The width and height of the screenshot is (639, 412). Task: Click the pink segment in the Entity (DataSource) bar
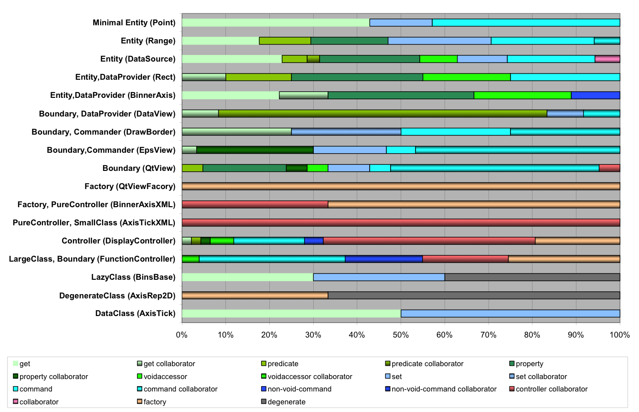pos(607,59)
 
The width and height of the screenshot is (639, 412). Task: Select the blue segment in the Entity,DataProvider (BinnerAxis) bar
pos(596,95)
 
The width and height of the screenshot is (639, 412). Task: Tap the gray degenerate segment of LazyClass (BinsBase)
pos(532,277)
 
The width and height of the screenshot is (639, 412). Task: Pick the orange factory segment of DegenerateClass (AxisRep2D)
pos(255,296)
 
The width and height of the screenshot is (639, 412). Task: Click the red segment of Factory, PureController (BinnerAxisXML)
pos(255,204)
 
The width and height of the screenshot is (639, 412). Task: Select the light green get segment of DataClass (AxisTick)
pos(291,314)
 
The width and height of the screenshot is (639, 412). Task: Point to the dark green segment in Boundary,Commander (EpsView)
pos(255,150)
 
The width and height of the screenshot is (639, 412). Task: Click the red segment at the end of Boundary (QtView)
pos(609,168)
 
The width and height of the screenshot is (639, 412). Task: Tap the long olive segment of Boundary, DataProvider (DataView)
pos(383,114)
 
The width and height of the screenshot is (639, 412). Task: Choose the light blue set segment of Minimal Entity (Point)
pos(401,22)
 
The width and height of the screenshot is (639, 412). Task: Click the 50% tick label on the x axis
pos(401,335)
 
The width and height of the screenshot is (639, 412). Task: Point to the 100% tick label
pos(619,335)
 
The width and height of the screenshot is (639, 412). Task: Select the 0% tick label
pos(182,335)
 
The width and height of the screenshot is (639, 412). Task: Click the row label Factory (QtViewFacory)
pos(130,187)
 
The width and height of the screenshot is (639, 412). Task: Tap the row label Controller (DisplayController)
pos(118,241)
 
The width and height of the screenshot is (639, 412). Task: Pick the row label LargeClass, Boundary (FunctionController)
pos(92,259)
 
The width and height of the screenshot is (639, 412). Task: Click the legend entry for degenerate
pos(283,401)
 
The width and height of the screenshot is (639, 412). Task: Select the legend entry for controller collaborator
pos(549,389)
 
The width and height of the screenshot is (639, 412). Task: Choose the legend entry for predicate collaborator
pos(424,364)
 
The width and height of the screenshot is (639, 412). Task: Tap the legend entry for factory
pos(151,401)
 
